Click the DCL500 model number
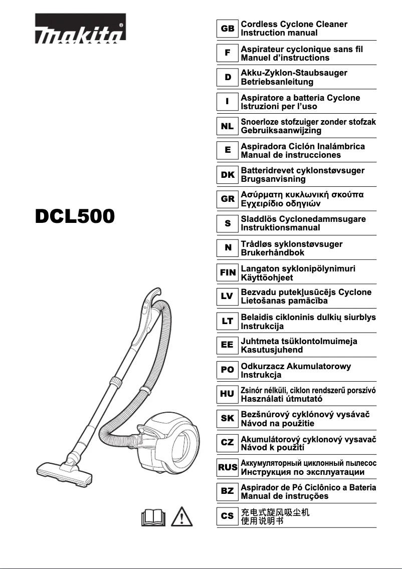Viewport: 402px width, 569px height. coord(75,217)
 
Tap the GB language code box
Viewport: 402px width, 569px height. coord(228,29)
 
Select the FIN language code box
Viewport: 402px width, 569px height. coord(228,273)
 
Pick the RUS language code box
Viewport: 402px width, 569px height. coord(228,467)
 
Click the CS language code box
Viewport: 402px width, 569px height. coord(228,516)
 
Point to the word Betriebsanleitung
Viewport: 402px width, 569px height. coord(277,82)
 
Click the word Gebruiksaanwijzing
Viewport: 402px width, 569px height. coord(281,130)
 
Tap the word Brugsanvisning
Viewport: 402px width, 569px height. coord(273,179)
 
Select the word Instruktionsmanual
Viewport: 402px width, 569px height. coord(281,227)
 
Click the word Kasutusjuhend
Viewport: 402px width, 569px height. coord(272,350)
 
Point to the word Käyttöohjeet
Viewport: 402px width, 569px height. coord(267,277)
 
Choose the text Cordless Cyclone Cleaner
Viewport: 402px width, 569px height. coord(294,24)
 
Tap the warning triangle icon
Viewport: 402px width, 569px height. coord(184,516)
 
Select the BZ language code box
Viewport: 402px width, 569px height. coord(228,491)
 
